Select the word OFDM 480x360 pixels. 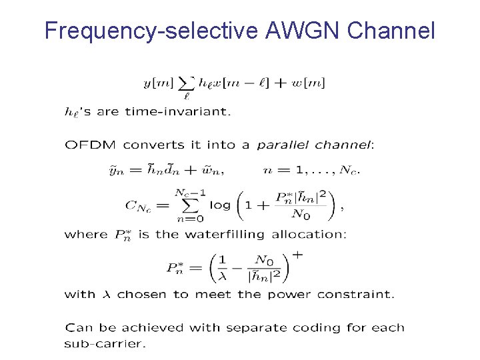(x=89, y=144)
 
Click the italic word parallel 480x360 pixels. (x=283, y=145)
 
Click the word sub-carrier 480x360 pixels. (x=105, y=344)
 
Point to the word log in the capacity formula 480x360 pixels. (x=220, y=205)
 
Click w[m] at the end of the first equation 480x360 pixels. (x=311, y=83)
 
